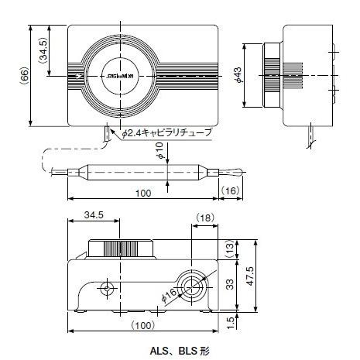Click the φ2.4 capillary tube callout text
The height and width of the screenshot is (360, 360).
(x=166, y=133)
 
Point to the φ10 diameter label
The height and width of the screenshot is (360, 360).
(x=159, y=151)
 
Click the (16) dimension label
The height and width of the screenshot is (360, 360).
(x=231, y=190)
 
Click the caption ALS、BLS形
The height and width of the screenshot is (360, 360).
(x=180, y=350)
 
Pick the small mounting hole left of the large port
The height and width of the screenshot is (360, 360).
(x=107, y=288)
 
